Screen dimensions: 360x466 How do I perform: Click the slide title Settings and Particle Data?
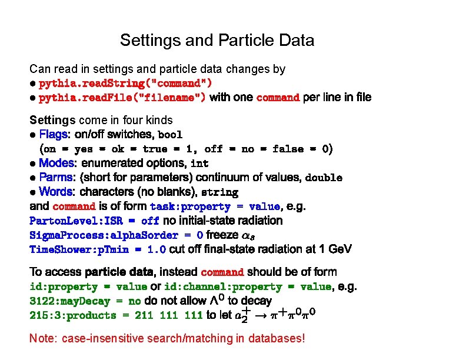(x=217, y=41)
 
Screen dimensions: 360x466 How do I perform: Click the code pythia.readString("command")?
(x=125, y=83)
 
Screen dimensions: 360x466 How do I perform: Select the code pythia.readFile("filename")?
(x=122, y=98)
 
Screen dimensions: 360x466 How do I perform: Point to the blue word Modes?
(x=56, y=163)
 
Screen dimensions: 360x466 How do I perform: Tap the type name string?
(x=219, y=192)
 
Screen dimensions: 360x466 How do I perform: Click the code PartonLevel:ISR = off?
(x=94, y=221)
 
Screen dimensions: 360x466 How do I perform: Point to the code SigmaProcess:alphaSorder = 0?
(x=116, y=235)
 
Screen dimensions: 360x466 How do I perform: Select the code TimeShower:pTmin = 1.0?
(x=98, y=249)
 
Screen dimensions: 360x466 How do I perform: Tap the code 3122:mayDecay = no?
(x=85, y=301)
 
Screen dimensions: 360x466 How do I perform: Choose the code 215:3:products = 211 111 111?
(x=116, y=316)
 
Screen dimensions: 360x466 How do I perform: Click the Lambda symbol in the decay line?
(x=232, y=301)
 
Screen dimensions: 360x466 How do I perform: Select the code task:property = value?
(x=215, y=207)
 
